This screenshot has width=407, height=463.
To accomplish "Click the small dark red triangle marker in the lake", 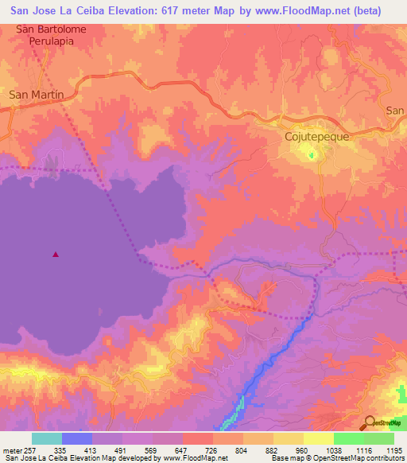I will [55, 255].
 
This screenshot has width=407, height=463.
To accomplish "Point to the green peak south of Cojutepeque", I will [312, 154].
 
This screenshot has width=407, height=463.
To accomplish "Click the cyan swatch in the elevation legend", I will [46, 438].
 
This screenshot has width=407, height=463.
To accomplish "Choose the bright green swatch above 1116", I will [349, 438].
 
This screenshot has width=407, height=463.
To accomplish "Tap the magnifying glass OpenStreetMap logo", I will [370, 422].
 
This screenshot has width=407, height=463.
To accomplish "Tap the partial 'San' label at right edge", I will [395, 111].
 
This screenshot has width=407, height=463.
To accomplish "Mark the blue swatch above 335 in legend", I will [76, 438].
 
